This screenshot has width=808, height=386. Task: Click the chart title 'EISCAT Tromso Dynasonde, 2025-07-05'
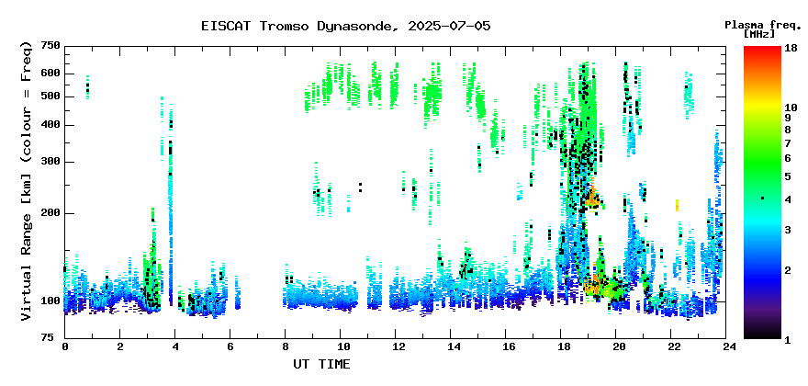[x=346, y=26]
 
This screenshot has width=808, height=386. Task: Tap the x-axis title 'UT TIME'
[x=321, y=364]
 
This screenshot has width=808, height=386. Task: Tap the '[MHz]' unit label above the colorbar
[x=759, y=34]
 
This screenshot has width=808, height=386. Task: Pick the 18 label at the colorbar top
[x=791, y=48]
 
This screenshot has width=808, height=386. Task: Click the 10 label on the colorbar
[x=791, y=108]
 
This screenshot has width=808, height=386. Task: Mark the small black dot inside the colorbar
[x=762, y=199]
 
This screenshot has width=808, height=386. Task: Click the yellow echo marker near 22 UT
[x=677, y=205]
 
